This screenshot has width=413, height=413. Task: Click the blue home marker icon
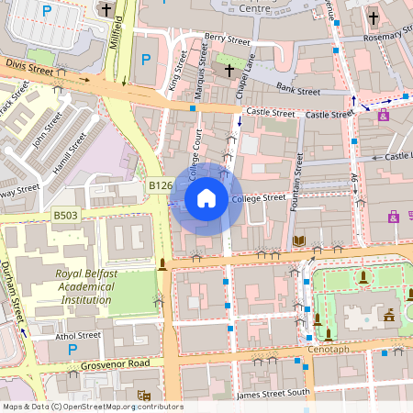coord(206,197)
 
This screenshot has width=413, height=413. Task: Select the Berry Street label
coord(227,39)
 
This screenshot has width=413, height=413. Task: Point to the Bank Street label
coord(297,89)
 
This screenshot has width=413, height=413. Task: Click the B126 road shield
coord(161,185)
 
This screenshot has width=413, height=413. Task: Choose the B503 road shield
coord(65,215)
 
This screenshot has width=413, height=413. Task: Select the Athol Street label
coord(77,336)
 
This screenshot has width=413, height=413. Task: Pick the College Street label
coord(259,198)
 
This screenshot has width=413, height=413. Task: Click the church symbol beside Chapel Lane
coord(228,70)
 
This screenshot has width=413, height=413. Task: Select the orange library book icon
coord(298,240)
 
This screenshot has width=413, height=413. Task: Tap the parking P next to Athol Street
coord(72,350)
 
